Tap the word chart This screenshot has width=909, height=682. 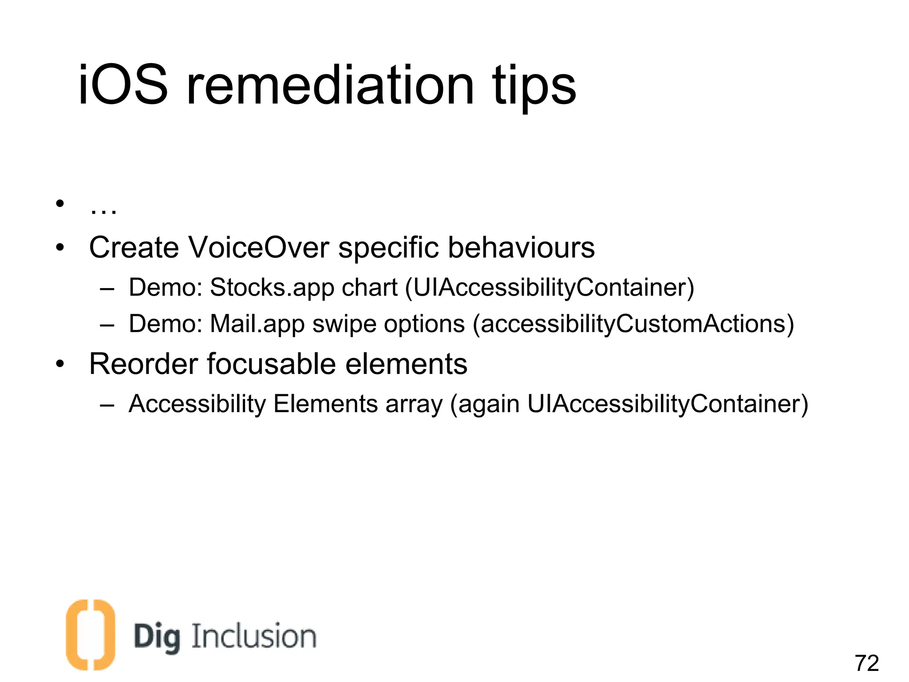point(369,288)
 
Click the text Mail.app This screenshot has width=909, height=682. point(257,324)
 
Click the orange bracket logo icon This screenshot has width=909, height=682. point(90,634)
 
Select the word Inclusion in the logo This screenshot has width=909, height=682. point(254,636)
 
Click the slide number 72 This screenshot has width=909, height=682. point(866,663)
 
